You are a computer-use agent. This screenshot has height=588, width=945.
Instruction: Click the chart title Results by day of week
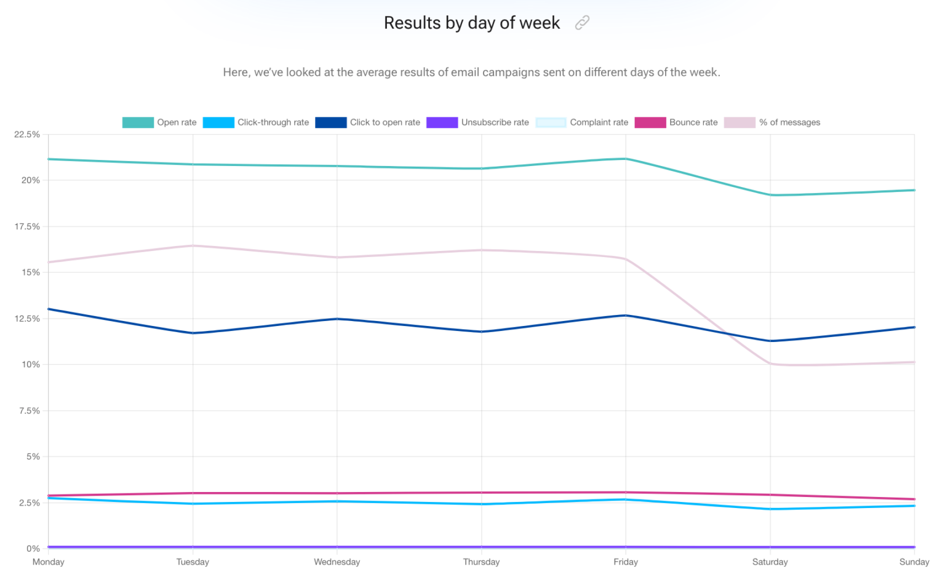click(x=471, y=23)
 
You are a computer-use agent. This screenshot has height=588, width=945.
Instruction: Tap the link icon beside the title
click(x=582, y=23)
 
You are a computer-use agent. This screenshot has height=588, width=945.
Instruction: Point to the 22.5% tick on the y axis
click(x=27, y=134)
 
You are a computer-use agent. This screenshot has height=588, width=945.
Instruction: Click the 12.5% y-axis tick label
click(x=27, y=319)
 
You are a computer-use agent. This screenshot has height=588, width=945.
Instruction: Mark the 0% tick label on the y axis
click(x=33, y=549)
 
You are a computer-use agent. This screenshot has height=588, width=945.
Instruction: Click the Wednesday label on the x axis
click(x=337, y=562)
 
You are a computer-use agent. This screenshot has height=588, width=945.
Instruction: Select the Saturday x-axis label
click(x=770, y=562)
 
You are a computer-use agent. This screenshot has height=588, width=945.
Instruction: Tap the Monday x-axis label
click(x=48, y=562)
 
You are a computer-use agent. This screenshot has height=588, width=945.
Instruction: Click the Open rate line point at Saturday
click(x=770, y=195)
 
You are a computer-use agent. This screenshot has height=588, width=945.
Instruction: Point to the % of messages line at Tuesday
click(x=193, y=246)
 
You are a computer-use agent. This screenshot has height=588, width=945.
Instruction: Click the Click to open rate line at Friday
click(x=626, y=316)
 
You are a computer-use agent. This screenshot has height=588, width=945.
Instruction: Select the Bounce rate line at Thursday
click(x=482, y=493)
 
